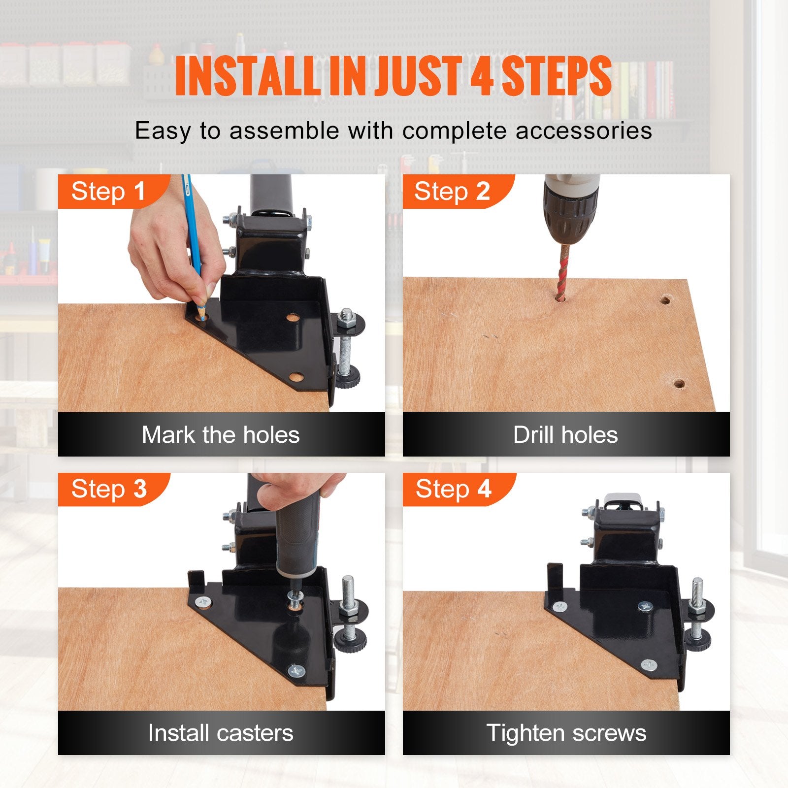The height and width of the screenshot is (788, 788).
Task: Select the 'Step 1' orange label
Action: coord(108,192)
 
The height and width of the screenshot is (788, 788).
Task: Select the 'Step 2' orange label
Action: coord(452,192)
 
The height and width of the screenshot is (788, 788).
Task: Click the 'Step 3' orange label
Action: coord(109,489)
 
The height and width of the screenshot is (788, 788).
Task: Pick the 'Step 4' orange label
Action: coord(453,489)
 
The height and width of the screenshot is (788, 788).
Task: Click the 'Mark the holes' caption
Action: coord(221,434)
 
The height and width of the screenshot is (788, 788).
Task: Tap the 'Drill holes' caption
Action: coord(565,434)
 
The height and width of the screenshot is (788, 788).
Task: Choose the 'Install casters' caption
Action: coord(221,732)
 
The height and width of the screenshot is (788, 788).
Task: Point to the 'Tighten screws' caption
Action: coord(566,732)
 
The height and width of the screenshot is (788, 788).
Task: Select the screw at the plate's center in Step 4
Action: coord(645,607)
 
